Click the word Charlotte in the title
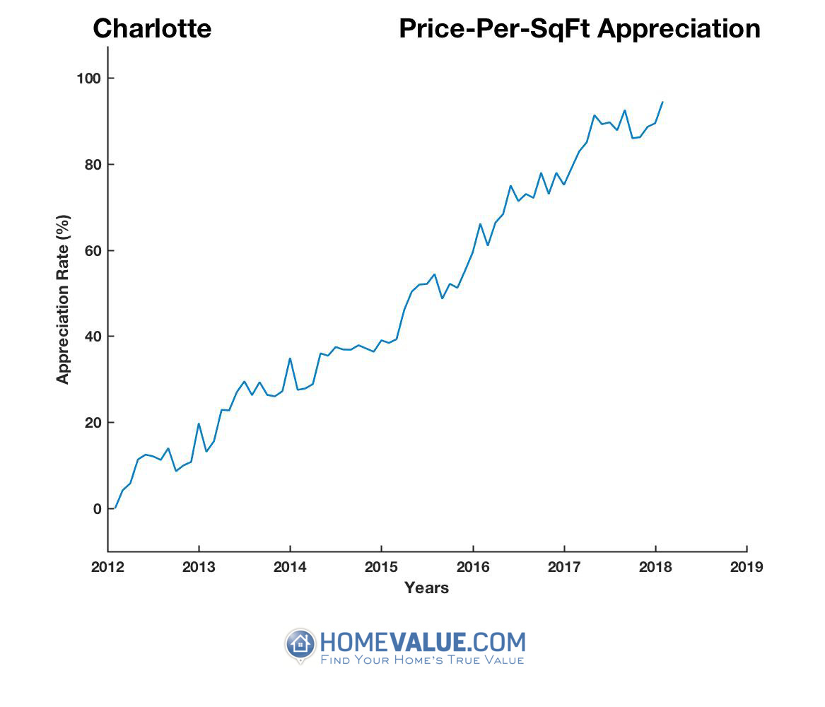152,29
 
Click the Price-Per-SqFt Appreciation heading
579,29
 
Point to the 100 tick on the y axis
88,78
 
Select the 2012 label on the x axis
107,567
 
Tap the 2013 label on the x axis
199,567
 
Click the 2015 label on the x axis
381,567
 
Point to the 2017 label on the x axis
564,567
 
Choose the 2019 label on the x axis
747,567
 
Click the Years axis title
426,588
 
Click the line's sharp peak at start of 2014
290,358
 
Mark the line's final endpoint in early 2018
662,102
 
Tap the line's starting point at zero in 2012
115,508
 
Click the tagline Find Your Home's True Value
422,660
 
